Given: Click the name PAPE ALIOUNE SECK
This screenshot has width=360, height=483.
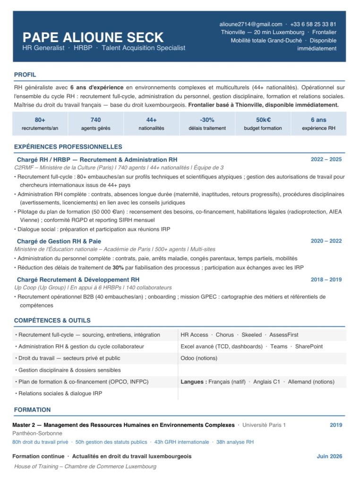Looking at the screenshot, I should point(93,37).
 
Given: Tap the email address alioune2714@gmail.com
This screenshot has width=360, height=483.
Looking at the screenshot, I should point(250,24).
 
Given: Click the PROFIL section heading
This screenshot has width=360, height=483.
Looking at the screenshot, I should point(25,75).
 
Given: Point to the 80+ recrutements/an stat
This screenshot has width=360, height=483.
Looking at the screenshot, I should point(40,124).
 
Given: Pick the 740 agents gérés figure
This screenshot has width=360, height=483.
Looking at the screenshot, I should point(95,124).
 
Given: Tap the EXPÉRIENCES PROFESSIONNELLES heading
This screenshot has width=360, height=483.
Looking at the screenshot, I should point(68,147).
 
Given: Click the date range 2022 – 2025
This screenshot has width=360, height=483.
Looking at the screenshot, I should point(326,160).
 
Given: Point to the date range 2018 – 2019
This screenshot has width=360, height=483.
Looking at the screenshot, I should point(326,280).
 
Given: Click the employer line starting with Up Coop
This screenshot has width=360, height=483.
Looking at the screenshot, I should point(93,288).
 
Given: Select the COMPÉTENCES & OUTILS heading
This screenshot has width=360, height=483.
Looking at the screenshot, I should point(52,321).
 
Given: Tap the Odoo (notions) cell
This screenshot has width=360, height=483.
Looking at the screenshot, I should point(199,358).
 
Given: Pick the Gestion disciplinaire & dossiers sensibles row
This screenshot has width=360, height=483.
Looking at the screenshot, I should point(68,370).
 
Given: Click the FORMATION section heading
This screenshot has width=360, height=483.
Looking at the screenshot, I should point(32,410).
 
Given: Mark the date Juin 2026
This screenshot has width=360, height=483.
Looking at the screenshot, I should point(329,457).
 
